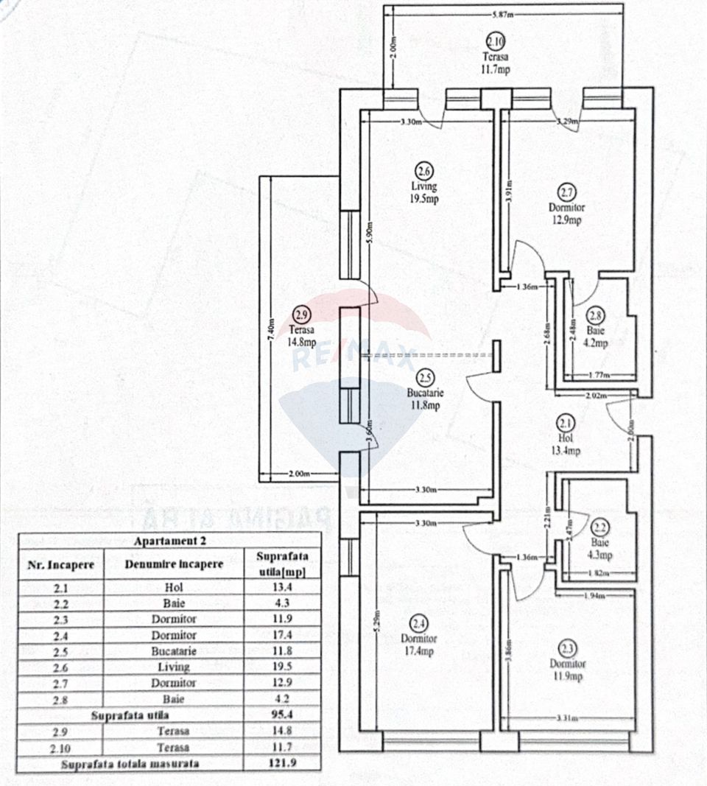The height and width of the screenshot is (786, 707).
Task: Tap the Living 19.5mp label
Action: pos(424,193)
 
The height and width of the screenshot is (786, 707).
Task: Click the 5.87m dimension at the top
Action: pos(504,15)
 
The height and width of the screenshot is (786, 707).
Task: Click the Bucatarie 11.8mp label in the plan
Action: pos(425,399)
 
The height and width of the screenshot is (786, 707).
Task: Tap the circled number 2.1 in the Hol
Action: pos(566,424)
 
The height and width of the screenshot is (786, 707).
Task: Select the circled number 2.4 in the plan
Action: pos(419,620)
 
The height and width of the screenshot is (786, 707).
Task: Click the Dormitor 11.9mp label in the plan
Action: pos(568,670)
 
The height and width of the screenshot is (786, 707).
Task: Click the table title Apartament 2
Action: pos(169,541)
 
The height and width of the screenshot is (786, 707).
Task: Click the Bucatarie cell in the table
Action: pos(174,651)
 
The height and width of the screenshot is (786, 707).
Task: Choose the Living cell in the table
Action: pos(174,667)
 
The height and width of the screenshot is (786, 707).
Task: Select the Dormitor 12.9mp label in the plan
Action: pos(566,214)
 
